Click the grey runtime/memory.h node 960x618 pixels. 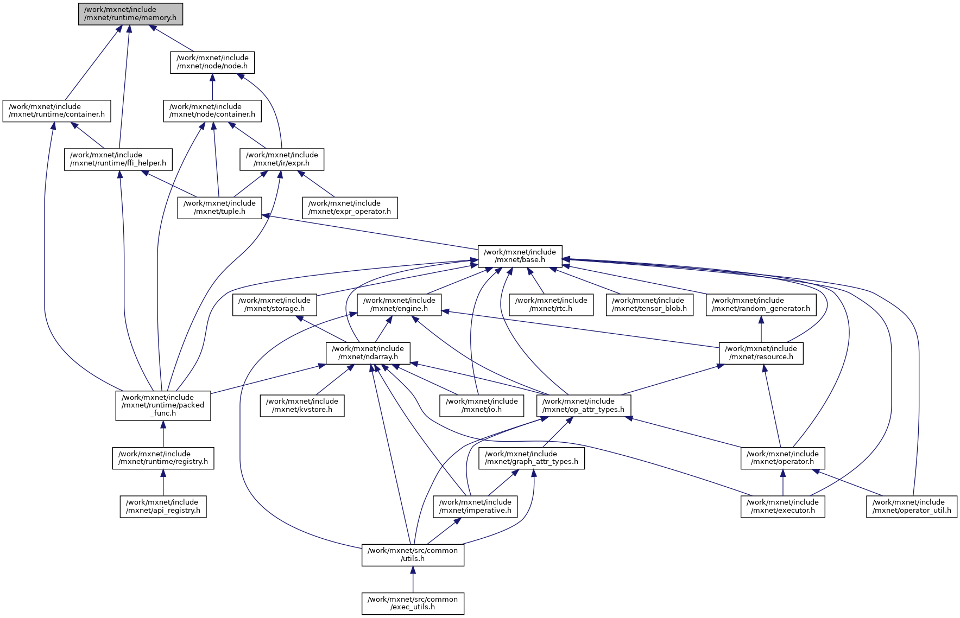click(130, 14)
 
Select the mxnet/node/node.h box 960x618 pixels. click(212, 62)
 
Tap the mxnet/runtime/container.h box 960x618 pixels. click(56, 111)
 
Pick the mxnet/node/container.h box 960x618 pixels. click(212, 111)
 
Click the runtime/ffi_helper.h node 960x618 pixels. click(118, 159)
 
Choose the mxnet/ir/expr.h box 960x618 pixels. click(282, 159)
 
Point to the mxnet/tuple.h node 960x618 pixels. click(219, 207)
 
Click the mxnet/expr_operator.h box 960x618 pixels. click(350, 207)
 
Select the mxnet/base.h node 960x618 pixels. click(520, 256)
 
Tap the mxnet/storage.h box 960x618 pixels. click(274, 304)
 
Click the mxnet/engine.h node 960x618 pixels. click(399, 304)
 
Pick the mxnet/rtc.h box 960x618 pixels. click(551, 304)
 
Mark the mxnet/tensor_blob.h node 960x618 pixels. click(649, 304)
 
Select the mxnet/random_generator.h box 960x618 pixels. click(761, 304)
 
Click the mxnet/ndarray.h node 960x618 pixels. click(368, 353)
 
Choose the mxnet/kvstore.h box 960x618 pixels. click(302, 405)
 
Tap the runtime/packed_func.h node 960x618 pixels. click(163, 405)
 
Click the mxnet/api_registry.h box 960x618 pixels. click(163, 506)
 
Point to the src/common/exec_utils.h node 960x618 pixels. click(413, 603)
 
